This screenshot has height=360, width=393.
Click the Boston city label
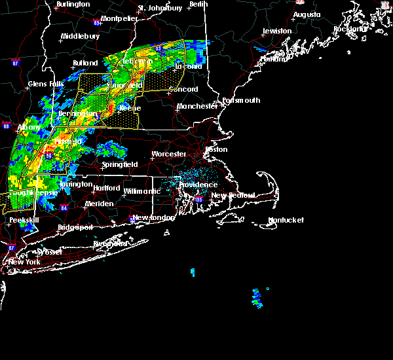pyautogui.click(x=216, y=149)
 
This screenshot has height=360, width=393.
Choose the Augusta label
pyautogui.click(x=307, y=14)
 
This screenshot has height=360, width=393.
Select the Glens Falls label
pyautogui.click(x=46, y=84)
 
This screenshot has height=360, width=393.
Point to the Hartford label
pyautogui.click(x=107, y=188)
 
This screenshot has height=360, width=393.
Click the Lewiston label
pyautogui.click(x=277, y=31)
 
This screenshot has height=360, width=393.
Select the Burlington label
pyautogui.click(x=73, y=4)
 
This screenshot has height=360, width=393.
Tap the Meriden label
pyautogui.click(x=99, y=204)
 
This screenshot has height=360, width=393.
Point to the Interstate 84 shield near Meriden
pyautogui.click(x=64, y=208)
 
